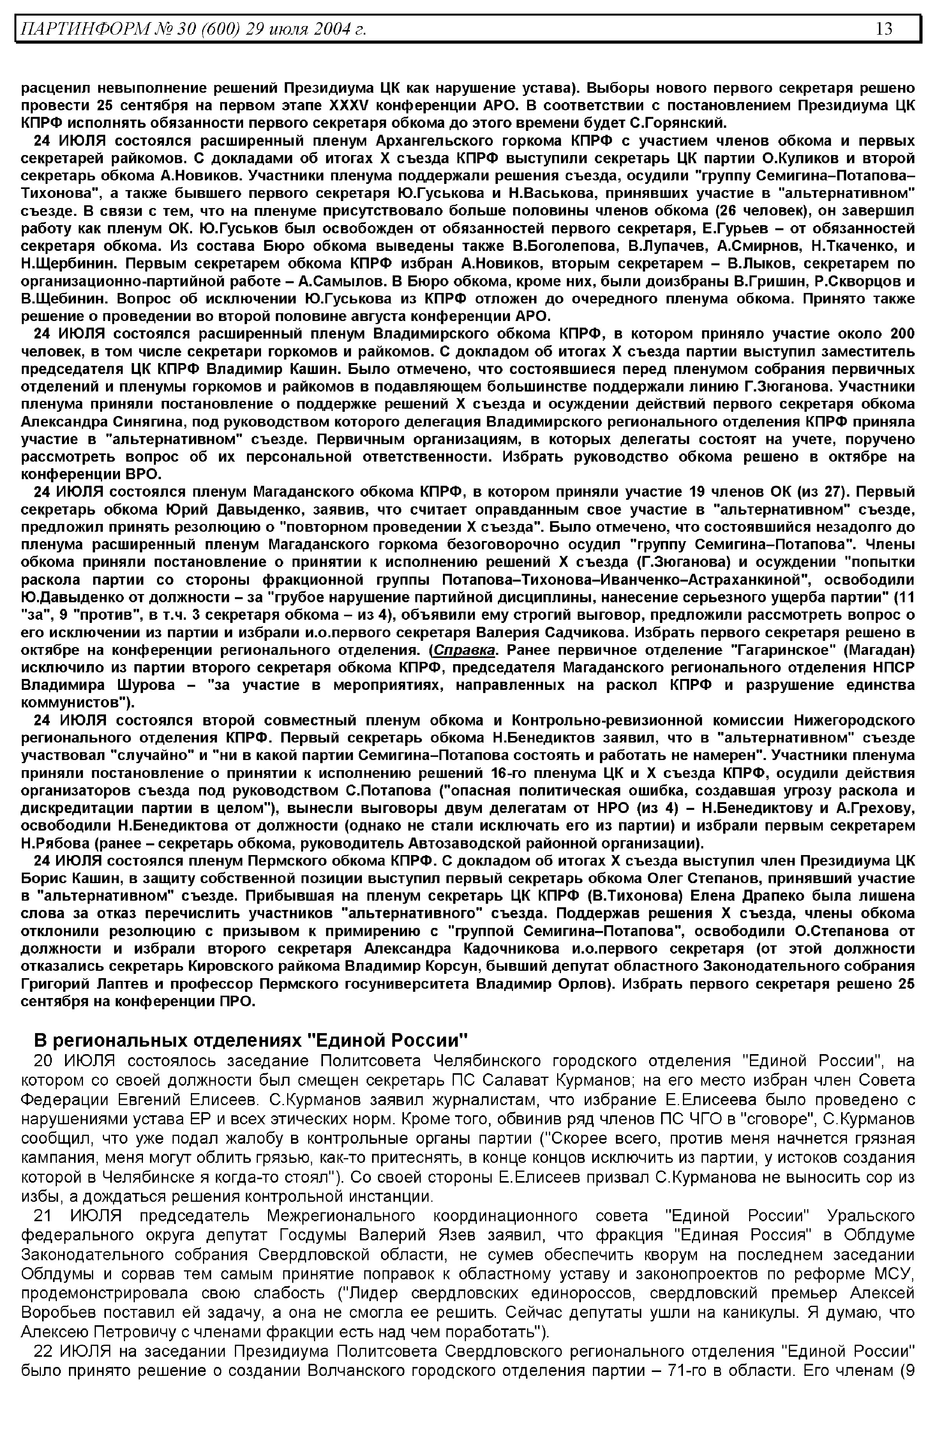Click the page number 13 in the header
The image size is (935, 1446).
[884, 28]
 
